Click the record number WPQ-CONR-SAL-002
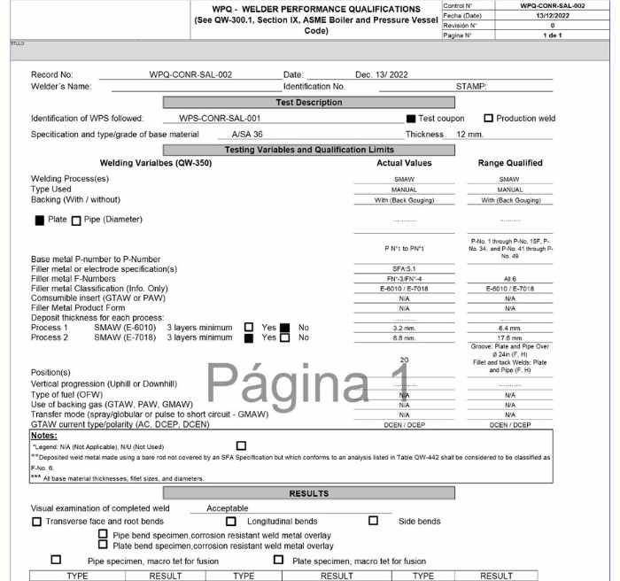[190, 74]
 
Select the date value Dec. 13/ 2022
[382, 74]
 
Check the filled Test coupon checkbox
[411, 118]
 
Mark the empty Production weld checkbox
[488, 118]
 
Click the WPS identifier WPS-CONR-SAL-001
[220, 118]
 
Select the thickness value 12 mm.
[469, 134]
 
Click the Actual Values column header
[404, 163]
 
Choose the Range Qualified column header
[510, 163]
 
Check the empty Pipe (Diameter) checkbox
[76, 220]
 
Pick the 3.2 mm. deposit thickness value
[404, 327]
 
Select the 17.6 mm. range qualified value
[510, 337]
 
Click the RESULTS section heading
[309, 493]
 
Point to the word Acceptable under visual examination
[228, 508]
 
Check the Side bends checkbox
[373, 521]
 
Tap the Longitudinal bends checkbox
[231, 521]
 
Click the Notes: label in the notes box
[44, 435]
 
